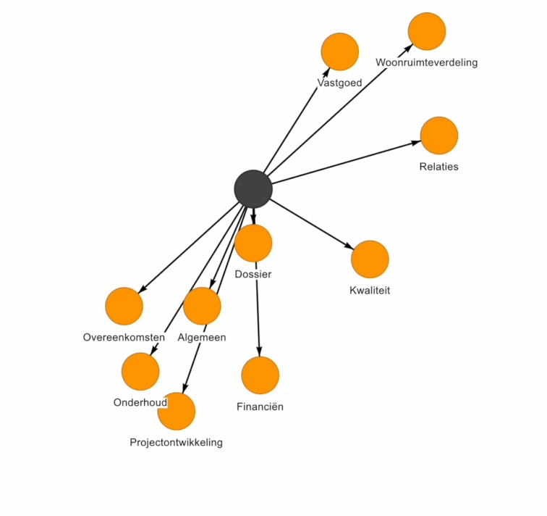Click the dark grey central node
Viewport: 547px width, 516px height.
click(x=253, y=188)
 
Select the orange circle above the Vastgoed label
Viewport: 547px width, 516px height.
click(x=339, y=51)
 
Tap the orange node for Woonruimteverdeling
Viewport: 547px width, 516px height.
click(x=427, y=31)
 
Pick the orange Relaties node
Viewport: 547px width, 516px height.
click(x=439, y=136)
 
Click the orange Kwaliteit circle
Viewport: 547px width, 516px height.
click(x=370, y=259)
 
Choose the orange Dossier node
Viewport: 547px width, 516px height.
click(x=253, y=243)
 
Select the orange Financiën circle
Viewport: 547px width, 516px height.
click(x=260, y=375)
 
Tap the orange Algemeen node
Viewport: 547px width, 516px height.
click(x=202, y=305)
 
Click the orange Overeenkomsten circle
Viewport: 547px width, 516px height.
click(x=124, y=306)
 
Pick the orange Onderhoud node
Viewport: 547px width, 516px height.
click(x=140, y=371)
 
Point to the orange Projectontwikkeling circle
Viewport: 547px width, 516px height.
click(x=178, y=412)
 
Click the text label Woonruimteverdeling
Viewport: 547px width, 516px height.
click(x=426, y=62)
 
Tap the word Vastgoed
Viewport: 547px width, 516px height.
click(x=339, y=83)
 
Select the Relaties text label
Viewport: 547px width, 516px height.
click(x=438, y=167)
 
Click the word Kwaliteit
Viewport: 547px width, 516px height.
click(x=370, y=291)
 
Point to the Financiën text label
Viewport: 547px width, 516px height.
click(x=260, y=407)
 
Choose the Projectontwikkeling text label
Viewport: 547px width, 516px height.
click(x=176, y=442)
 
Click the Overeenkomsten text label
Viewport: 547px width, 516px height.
click(x=124, y=337)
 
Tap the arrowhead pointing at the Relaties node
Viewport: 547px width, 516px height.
click(x=416, y=142)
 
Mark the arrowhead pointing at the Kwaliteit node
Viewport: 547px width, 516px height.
click(x=348, y=247)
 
